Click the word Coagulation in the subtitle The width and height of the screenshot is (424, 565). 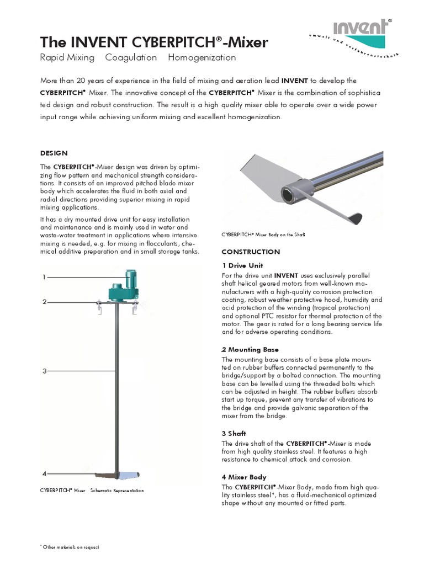point(131,57)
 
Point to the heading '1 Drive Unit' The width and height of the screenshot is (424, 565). point(238,265)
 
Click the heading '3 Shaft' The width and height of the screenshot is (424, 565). point(234,434)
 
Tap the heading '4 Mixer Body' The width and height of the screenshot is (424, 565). point(243,477)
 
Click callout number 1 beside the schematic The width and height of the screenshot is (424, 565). point(44,277)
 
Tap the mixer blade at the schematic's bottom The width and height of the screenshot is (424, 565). point(116,475)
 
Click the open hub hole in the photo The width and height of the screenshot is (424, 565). point(288,195)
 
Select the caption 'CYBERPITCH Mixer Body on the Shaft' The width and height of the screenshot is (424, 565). point(263,234)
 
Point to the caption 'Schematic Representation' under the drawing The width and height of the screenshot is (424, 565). point(117,490)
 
